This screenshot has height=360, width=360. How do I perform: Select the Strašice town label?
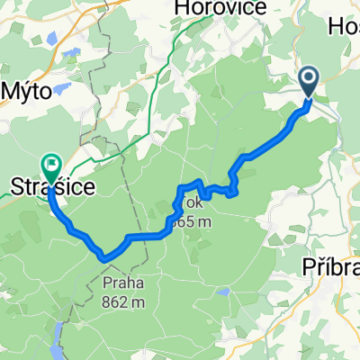pyautogui.click(x=45, y=187)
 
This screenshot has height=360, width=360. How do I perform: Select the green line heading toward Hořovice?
pyautogui.click(x=162, y=81)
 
